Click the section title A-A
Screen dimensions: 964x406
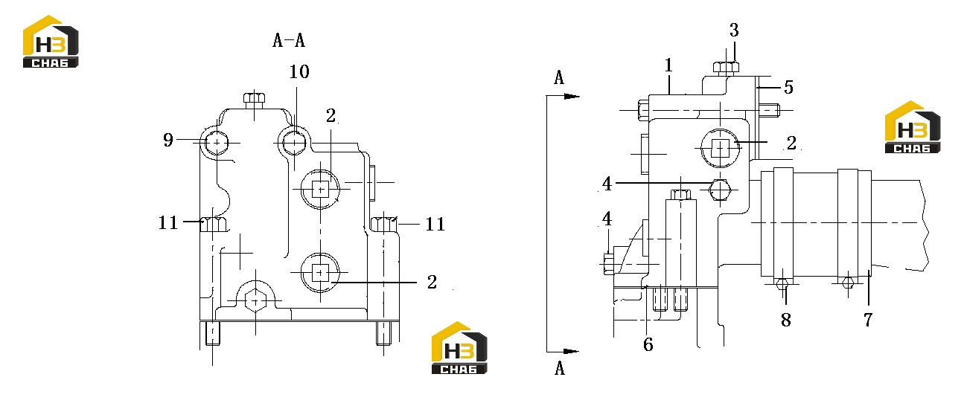tap(289, 40)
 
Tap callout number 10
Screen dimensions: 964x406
tap(299, 72)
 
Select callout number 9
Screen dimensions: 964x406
tap(167, 140)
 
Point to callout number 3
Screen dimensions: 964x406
tap(734, 30)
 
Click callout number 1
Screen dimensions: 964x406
tap(668, 65)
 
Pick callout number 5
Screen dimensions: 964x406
tap(788, 87)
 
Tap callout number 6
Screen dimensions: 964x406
tap(648, 344)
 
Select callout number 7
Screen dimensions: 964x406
tap(868, 320)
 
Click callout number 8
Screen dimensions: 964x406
tap(786, 320)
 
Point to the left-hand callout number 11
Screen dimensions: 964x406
tap(167, 223)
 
